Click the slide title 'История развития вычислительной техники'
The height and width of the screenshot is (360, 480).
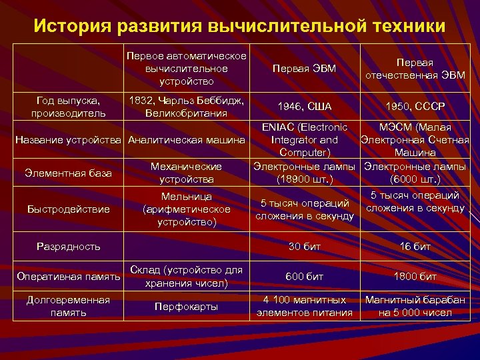click(x=239, y=26)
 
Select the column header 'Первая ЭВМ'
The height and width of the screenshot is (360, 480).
click(x=305, y=69)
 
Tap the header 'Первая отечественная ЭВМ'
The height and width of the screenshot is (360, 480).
click(x=415, y=69)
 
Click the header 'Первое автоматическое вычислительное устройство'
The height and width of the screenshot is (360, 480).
click(x=187, y=69)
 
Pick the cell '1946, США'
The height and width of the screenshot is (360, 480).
click(x=305, y=107)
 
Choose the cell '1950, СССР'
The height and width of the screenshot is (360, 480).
click(x=415, y=107)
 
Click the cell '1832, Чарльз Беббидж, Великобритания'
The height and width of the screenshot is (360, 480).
click(x=187, y=107)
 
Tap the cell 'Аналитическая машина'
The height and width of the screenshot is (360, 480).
click(x=187, y=140)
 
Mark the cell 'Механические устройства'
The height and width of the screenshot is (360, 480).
click(x=187, y=173)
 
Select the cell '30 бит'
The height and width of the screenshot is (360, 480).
click(x=305, y=247)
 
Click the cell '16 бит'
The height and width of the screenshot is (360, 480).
click(x=415, y=247)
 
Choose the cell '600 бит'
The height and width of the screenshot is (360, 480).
click(x=305, y=276)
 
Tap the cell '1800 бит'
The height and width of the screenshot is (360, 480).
click(x=415, y=276)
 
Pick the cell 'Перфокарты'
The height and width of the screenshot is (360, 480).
click(x=187, y=306)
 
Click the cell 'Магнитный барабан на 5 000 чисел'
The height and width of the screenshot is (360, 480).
click(x=415, y=306)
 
